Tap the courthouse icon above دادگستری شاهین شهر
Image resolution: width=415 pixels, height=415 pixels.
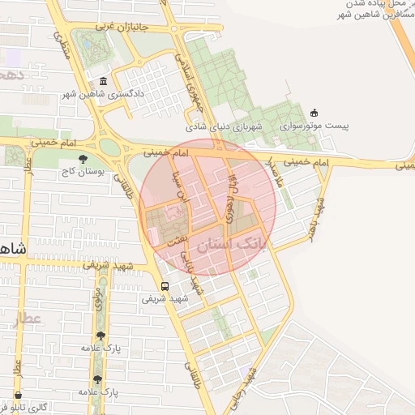pos(104,81)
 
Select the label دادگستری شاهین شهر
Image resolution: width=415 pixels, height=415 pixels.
pos(104,94)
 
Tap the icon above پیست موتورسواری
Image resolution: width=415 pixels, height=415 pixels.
pos(314,113)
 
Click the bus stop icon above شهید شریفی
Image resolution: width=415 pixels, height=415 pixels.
pos(165,286)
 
